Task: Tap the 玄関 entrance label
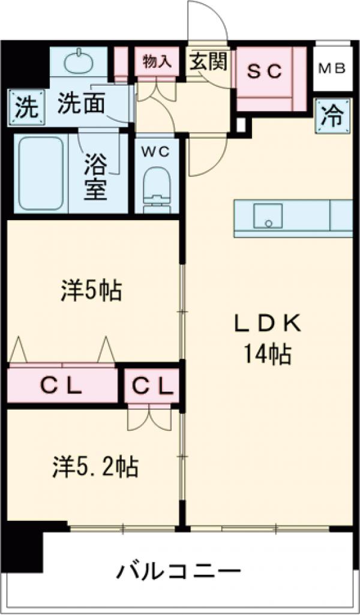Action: pyautogui.click(x=208, y=61)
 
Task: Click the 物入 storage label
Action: pyautogui.click(x=157, y=61)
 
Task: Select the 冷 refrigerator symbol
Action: pyautogui.click(x=331, y=115)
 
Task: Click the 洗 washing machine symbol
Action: pyautogui.click(x=25, y=107)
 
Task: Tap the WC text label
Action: pyautogui.click(x=157, y=151)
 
